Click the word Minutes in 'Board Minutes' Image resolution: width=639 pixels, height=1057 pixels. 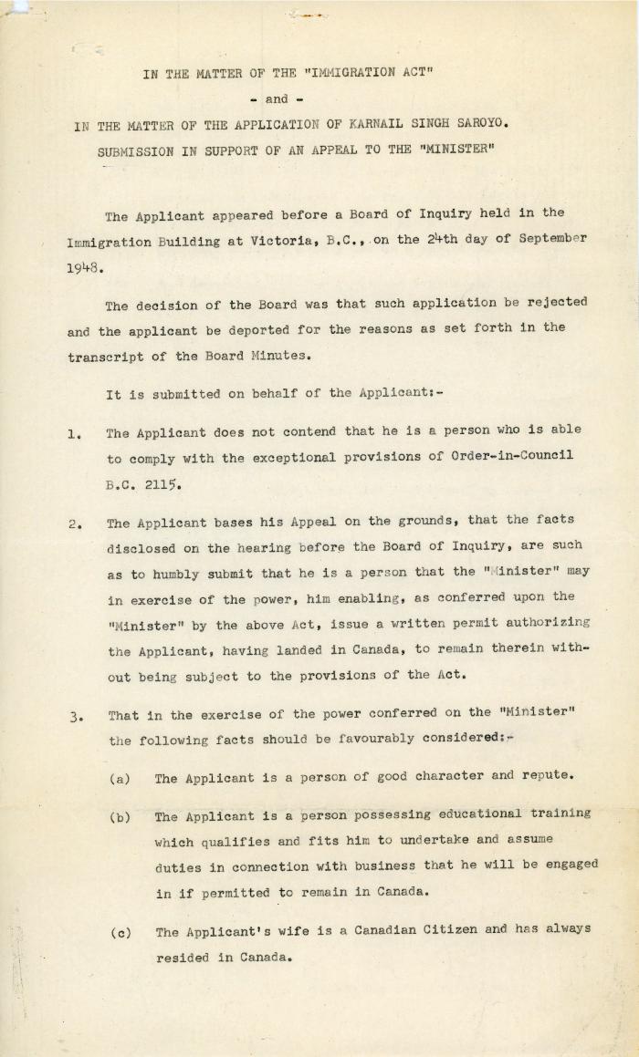284,357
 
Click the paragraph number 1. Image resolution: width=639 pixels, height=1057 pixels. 72,434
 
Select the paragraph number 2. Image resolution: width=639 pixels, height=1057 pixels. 72,524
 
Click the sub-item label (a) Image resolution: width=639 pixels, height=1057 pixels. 120,778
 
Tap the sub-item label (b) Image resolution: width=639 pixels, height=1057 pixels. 120,817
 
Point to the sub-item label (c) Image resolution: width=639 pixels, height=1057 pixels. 120,932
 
